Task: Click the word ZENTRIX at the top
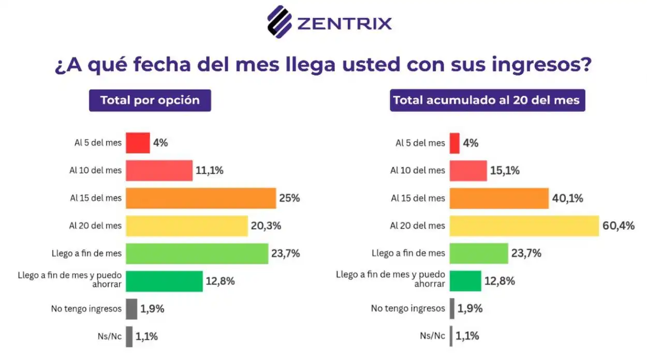(344, 23)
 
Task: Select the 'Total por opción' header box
(150, 100)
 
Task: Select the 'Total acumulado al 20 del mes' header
(487, 100)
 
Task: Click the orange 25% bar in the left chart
(201, 198)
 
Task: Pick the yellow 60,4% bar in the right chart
(524, 226)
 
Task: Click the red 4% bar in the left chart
(138, 143)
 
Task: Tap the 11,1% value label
(210, 170)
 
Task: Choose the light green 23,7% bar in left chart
(197, 253)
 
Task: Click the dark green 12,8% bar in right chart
(465, 281)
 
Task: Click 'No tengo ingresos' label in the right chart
(408, 308)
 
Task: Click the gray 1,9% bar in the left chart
(131, 309)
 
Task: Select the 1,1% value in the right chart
(467, 336)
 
